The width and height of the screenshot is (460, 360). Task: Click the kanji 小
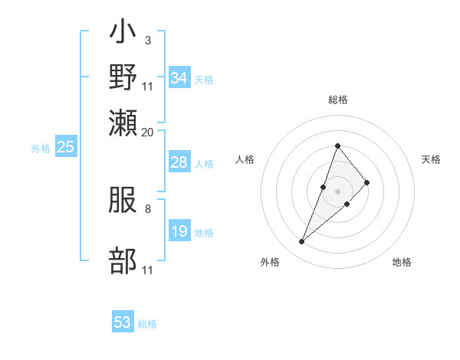point(123,34)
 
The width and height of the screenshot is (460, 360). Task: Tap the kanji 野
point(123,77)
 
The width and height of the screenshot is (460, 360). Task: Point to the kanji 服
point(123,201)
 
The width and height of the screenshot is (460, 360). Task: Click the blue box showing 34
point(179,78)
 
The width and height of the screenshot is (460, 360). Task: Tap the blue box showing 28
point(179,162)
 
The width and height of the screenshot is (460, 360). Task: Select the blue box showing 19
point(179,231)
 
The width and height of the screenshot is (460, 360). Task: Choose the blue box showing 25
point(65,147)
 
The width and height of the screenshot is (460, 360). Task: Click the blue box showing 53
point(123,322)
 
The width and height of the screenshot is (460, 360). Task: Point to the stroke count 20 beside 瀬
point(148,132)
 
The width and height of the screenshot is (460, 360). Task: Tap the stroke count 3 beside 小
point(147,39)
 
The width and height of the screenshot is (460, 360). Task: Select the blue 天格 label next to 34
point(204,79)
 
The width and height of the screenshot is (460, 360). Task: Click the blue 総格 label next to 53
point(147,324)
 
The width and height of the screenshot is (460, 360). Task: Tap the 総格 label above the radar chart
point(338,100)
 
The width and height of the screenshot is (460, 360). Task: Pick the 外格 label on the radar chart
point(270,262)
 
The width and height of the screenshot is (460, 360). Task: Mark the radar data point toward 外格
point(302,242)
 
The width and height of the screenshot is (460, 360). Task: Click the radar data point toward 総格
point(338,146)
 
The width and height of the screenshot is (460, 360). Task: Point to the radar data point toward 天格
point(367,182)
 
